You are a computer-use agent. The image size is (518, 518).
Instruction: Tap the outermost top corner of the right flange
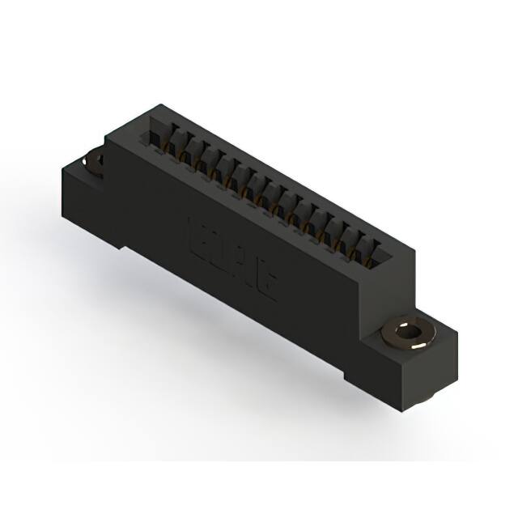pos(456,332)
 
